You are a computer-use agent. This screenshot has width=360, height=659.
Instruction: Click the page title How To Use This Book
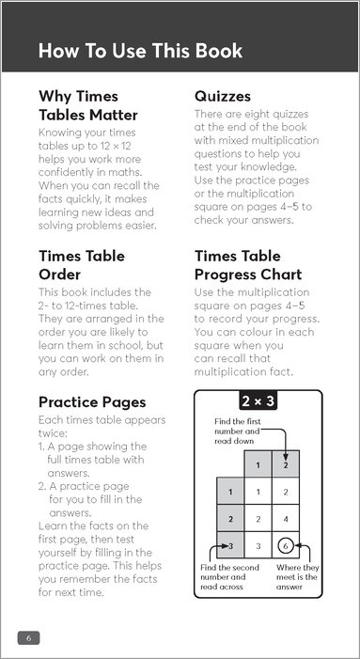tap(140, 51)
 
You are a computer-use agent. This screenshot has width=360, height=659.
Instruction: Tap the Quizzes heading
tap(222, 97)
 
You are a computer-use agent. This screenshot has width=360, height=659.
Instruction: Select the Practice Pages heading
tap(92, 402)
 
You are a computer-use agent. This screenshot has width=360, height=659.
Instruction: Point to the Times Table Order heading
tap(82, 265)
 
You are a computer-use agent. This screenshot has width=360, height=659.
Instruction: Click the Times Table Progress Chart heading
tap(248, 265)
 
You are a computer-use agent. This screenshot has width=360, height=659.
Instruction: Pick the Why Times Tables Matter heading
tap(87, 105)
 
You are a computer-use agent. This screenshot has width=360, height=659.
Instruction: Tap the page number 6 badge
tap(28, 637)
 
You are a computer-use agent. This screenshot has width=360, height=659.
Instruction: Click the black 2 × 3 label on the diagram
tap(258, 401)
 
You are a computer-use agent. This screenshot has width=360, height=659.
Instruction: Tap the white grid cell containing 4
tap(286, 519)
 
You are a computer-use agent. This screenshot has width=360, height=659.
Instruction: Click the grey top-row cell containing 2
tap(286, 464)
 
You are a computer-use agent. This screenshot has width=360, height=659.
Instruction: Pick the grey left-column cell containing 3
tap(230, 545)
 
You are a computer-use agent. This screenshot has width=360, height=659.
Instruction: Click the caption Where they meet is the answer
tap(297, 577)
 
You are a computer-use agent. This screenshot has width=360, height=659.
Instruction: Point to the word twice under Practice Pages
tap(53, 433)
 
